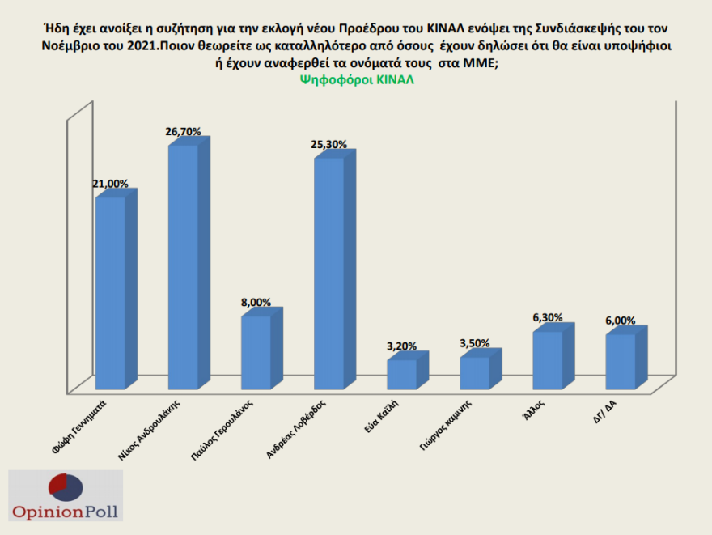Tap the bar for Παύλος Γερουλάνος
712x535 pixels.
[x=256, y=351]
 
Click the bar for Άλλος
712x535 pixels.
[x=547, y=359]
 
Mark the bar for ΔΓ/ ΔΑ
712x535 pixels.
[x=621, y=361]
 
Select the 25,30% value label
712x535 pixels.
[x=328, y=144]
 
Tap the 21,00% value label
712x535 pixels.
[x=110, y=184]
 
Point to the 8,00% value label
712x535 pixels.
[x=256, y=302]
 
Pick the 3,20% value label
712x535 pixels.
[x=401, y=346]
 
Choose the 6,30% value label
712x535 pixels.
[x=548, y=318]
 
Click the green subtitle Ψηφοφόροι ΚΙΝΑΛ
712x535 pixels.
[x=357, y=79]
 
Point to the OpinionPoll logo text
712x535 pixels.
[x=65, y=511]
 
